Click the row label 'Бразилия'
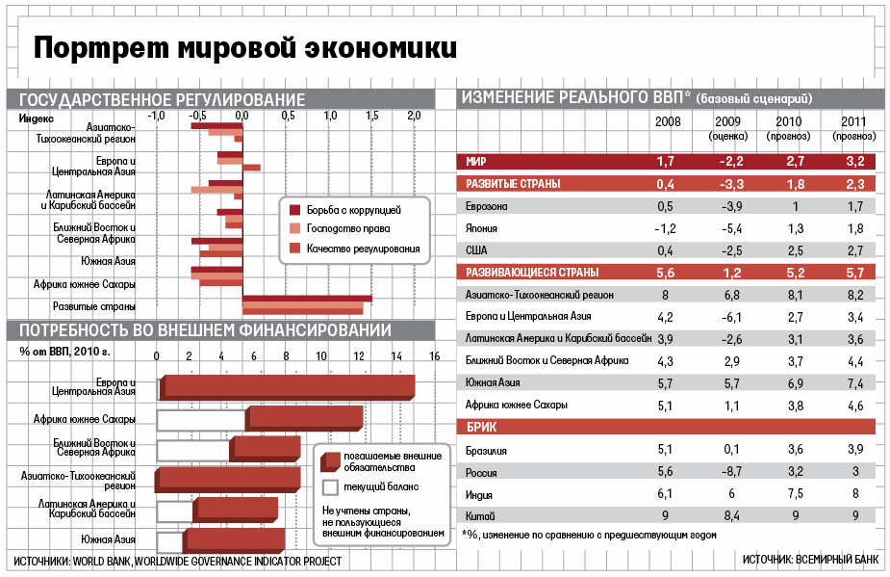point(486,450)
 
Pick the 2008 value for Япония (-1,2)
point(665,228)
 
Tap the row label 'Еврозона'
point(487,206)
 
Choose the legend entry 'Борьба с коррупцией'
point(353,209)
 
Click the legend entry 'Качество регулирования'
point(363,249)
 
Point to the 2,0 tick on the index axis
point(415,116)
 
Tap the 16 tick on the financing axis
point(434,356)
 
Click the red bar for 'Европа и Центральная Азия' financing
point(289,386)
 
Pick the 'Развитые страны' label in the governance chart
point(93,307)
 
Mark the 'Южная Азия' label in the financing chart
point(108,538)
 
